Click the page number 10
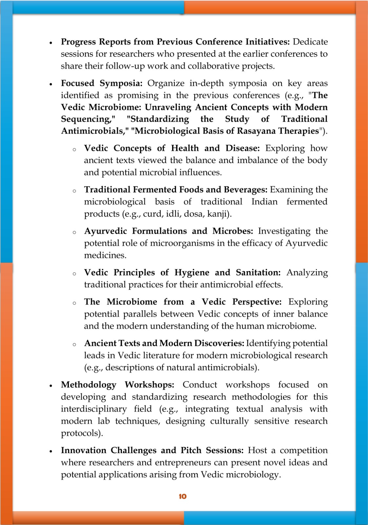point(183,496)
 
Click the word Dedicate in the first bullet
point(310,42)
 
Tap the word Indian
point(264,201)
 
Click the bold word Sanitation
point(258,273)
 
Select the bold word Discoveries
point(219,343)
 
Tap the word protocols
point(82,433)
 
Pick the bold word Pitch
point(191,450)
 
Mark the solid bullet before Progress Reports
point(51,43)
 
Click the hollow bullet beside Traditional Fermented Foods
point(74,191)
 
